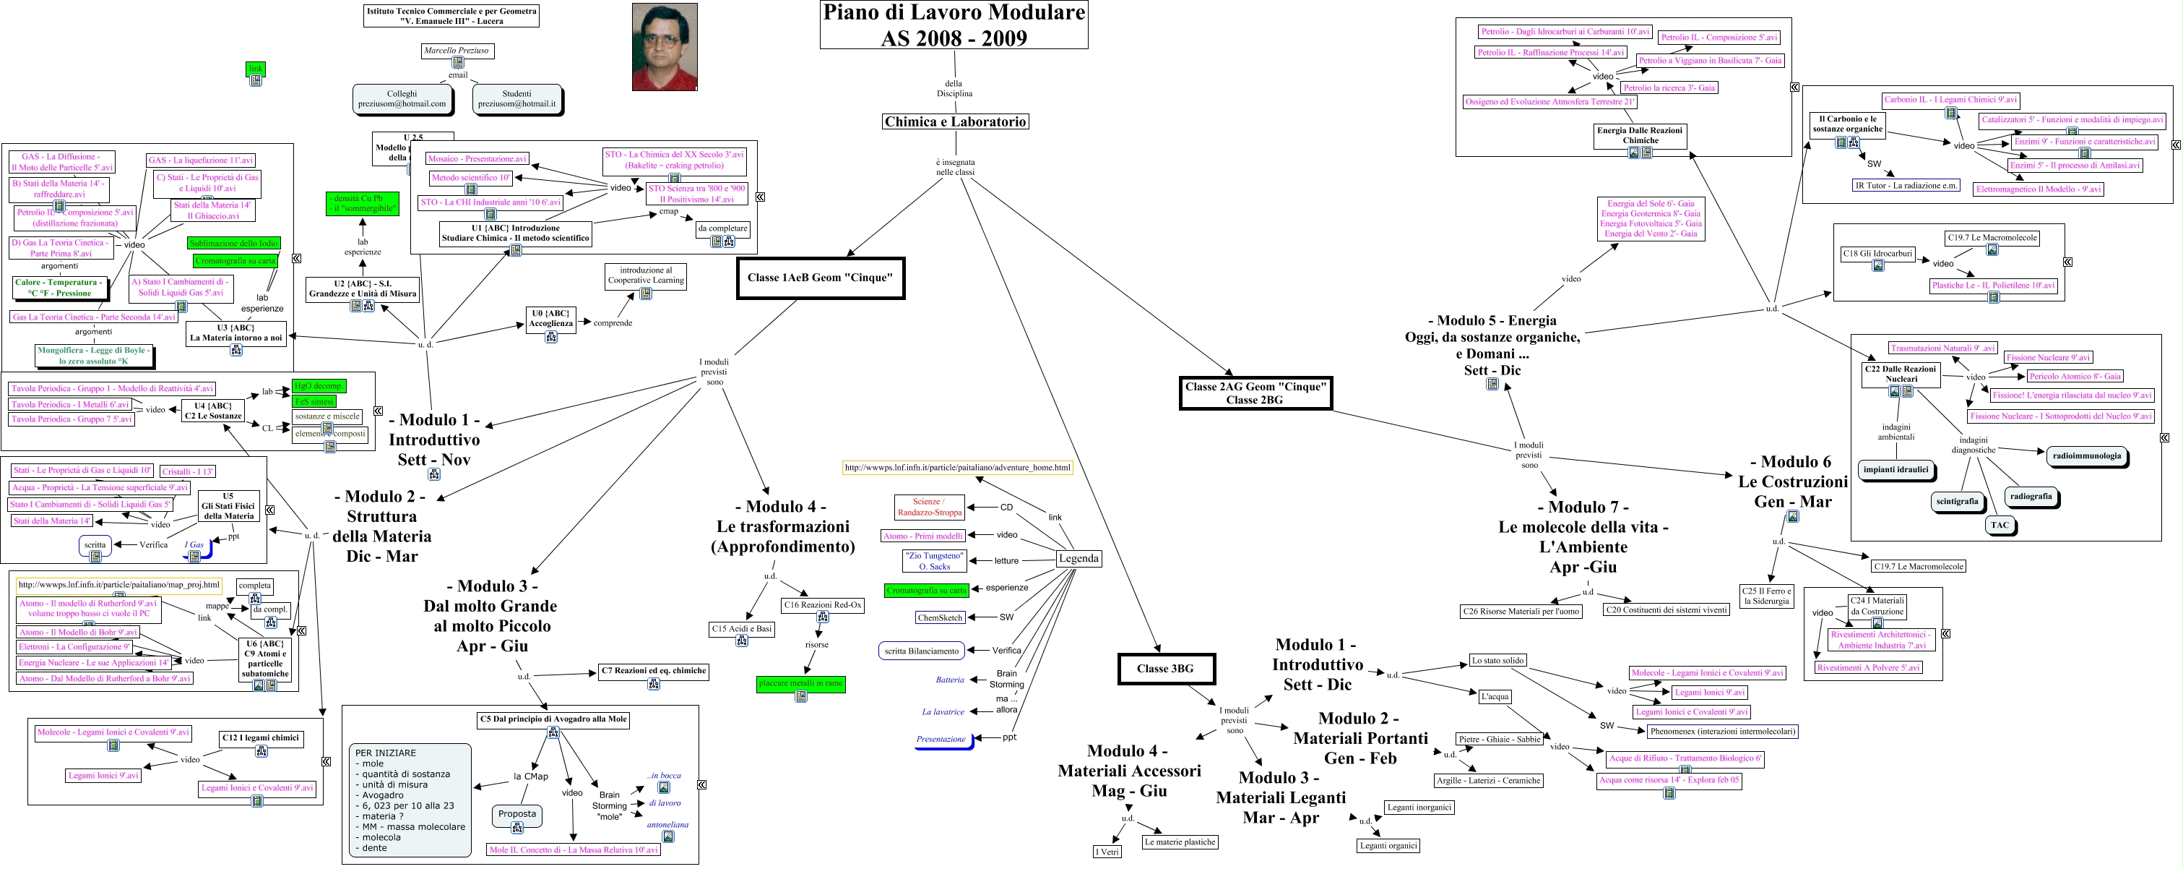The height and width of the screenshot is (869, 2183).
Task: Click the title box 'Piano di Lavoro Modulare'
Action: tap(954, 25)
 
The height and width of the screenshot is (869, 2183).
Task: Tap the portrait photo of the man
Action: tap(665, 46)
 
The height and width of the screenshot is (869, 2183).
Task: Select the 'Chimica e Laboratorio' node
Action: tap(955, 121)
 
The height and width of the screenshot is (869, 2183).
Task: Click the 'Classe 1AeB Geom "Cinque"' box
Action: tap(821, 277)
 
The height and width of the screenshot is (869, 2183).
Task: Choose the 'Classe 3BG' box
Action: tap(1165, 668)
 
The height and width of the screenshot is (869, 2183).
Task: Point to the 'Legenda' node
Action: tap(1078, 558)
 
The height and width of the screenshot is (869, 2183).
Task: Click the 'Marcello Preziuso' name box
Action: tap(457, 51)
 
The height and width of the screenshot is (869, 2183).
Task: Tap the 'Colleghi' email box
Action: tap(402, 98)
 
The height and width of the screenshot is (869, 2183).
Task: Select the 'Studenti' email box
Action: tap(517, 98)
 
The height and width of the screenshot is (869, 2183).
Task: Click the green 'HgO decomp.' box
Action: tap(319, 386)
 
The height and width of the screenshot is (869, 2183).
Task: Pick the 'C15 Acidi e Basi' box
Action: tap(741, 629)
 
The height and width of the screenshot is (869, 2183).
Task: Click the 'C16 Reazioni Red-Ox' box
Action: tap(822, 605)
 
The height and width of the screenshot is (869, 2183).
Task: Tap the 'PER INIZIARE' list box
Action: tap(410, 800)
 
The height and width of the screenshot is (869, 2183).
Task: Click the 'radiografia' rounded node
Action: tap(2031, 496)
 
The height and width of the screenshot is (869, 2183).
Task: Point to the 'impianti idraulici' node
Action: tap(1895, 468)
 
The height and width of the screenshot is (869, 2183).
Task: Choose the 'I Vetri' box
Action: tap(1107, 851)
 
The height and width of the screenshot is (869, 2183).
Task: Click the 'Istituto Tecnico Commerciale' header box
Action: tap(451, 16)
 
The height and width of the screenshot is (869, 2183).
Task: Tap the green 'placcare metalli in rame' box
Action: tap(801, 682)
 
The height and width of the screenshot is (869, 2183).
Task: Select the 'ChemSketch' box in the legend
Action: tap(940, 617)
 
